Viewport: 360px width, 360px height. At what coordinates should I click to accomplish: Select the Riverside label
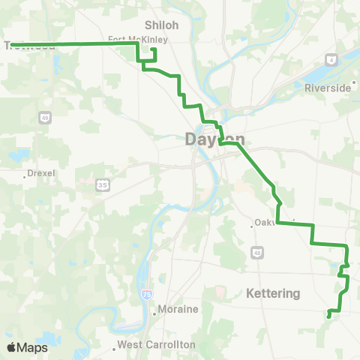[327, 88]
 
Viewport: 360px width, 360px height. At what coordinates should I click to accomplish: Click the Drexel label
[41, 172]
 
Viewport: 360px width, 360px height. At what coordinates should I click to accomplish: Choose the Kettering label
[273, 293]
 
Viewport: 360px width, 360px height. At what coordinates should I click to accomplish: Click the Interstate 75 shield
[145, 296]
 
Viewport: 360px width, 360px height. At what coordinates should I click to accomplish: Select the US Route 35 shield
[102, 182]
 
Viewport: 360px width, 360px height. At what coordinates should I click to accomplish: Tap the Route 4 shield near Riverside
[330, 58]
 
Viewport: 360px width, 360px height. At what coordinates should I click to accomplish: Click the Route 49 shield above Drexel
[44, 118]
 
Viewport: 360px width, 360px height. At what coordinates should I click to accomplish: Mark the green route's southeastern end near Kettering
[329, 316]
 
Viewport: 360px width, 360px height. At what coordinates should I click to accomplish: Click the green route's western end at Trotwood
[13, 45]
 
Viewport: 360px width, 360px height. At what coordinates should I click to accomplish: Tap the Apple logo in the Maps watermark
[12, 347]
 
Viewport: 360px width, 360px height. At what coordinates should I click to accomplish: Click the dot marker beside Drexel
[22, 172]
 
